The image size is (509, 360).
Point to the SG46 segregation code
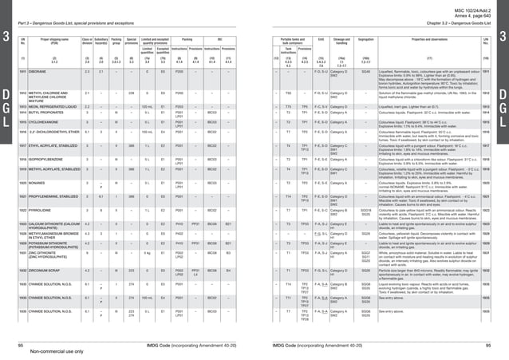[365, 71]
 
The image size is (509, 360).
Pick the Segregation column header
[365, 39]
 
